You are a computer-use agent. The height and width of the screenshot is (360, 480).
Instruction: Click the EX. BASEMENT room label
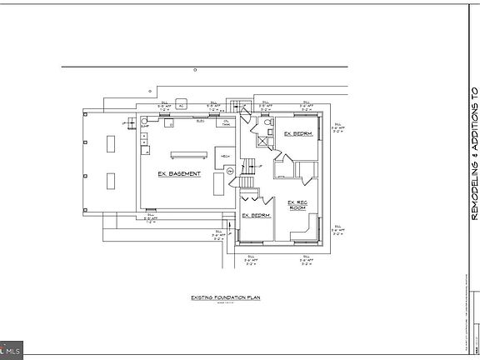[x=179, y=174]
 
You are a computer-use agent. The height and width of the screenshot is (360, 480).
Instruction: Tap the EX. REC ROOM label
[x=298, y=205]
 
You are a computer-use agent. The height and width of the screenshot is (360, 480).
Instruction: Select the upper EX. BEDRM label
[x=297, y=133]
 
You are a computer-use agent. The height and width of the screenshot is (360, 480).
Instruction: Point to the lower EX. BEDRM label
[x=254, y=215]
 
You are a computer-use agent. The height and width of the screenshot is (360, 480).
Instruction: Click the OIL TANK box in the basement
[x=226, y=123]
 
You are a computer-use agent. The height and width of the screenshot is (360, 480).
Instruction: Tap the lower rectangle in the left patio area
[x=111, y=179]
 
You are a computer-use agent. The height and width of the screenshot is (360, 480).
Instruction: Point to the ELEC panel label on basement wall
[x=200, y=122]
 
